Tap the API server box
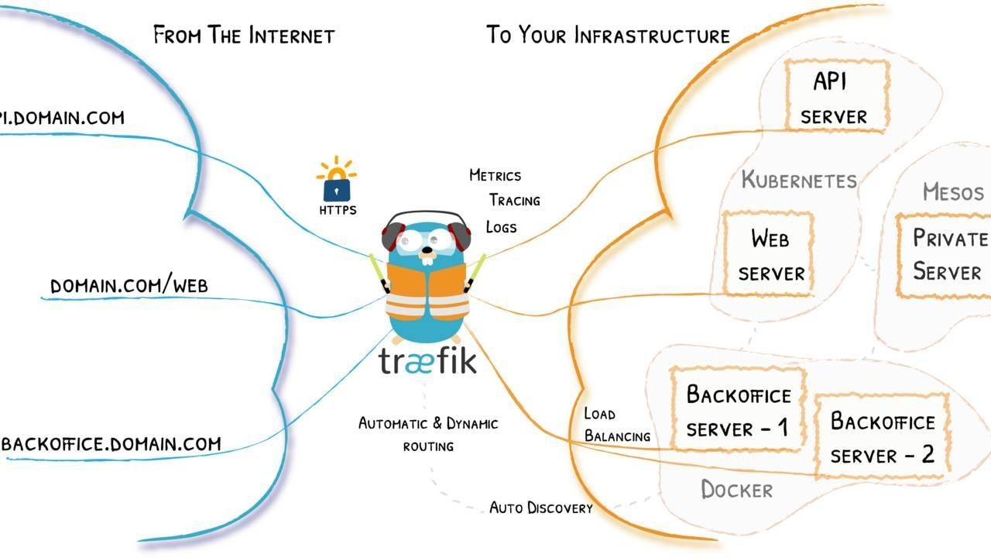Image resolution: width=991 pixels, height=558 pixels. click(x=836, y=97)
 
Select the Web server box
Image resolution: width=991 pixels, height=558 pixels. click(x=768, y=254)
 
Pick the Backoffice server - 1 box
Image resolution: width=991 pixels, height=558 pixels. click(x=737, y=410)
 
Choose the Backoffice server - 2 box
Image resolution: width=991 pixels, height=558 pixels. click(x=882, y=437)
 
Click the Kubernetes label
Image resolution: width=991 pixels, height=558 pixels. click(x=798, y=181)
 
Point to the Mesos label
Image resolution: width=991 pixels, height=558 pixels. click(x=952, y=191)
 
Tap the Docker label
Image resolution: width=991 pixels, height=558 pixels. click(x=736, y=490)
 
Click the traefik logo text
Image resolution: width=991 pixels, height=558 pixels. click(x=427, y=361)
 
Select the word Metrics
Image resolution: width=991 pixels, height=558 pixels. click(x=495, y=175)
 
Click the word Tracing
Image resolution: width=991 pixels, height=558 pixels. click(x=514, y=200)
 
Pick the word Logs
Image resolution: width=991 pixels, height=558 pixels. click(x=501, y=226)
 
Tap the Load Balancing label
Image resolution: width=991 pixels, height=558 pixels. click(x=616, y=425)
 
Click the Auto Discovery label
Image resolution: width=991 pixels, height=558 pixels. click(x=540, y=508)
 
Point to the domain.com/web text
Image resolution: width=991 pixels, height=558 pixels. click(x=129, y=286)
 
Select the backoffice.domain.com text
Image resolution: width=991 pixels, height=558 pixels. click(x=111, y=444)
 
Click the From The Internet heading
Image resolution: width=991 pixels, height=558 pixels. click(x=243, y=35)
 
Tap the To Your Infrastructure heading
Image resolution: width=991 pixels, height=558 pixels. click(x=608, y=35)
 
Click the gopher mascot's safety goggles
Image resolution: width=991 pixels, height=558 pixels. click(x=426, y=241)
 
